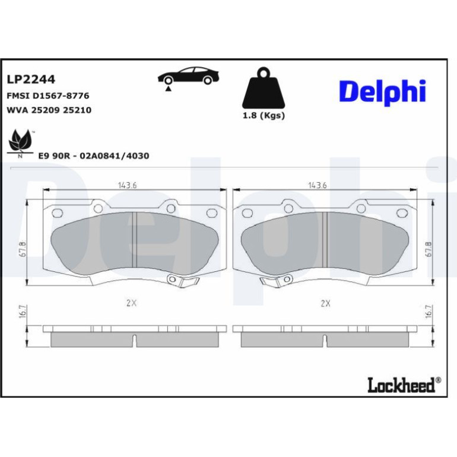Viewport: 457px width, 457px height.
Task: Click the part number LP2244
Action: (x=31, y=80)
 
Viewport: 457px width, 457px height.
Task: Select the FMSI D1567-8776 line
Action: (x=48, y=96)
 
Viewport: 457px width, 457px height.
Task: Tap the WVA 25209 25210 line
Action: (x=49, y=110)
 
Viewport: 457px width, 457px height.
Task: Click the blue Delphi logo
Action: (x=382, y=92)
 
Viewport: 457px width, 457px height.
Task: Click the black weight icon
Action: (x=264, y=87)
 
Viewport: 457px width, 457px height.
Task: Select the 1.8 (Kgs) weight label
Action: (x=264, y=115)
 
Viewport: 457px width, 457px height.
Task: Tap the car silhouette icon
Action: (x=189, y=76)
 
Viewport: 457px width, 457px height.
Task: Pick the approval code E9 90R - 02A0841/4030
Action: (x=94, y=155)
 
